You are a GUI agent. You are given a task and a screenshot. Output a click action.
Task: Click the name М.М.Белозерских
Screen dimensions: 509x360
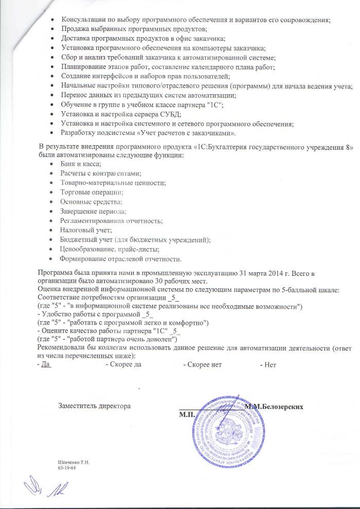pos(273,407)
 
